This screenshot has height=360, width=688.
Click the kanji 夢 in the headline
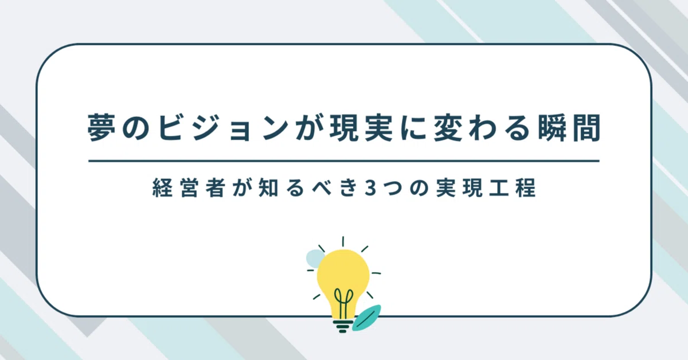[101, 127]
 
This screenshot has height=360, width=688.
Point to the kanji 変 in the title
[447, 127]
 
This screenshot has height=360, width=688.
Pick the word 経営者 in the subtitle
[187, 187]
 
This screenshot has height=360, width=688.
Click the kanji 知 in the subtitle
[268, 187]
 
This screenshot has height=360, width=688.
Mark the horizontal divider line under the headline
[343, 161]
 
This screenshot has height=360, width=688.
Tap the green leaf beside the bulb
[366, 318]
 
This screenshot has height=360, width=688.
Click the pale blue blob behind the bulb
[315, 257]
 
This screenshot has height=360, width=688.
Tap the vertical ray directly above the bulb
[343, 241]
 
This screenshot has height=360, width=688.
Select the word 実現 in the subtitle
[460, 187]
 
